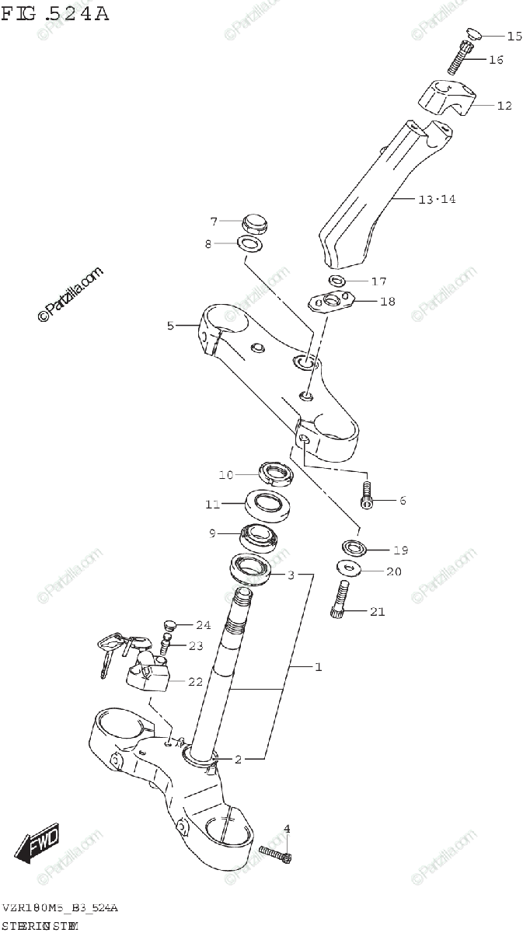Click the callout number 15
coord(514,37)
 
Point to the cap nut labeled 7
coord(253,223)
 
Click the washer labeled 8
coord(249,246)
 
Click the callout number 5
coord(171,327)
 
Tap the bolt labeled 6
coord(367,494)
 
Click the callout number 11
coord(212,504)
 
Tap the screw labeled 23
coord(165,644)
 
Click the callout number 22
coord(195,682)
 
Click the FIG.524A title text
coord(54,13)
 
